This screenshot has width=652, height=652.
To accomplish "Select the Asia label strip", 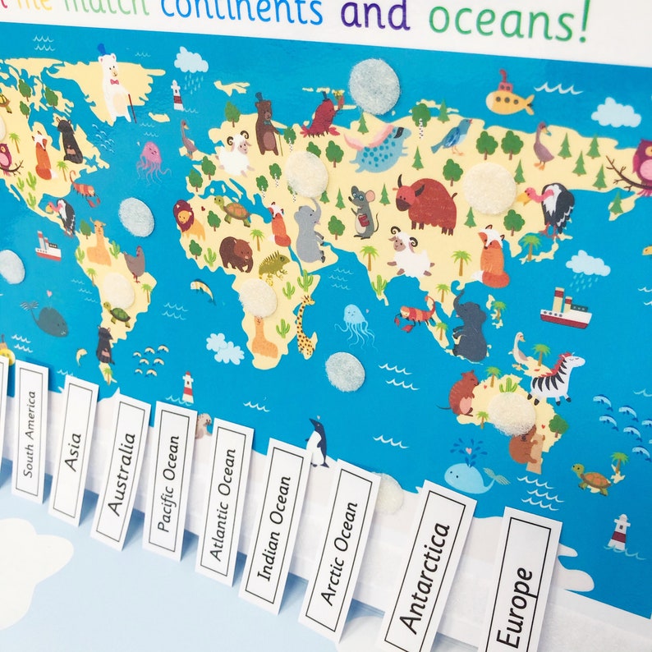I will coord(73,451).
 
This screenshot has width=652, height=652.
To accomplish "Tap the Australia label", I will coord(120,473).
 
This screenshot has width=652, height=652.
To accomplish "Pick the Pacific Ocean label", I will coord(169,492).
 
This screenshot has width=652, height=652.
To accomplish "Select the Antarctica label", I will coord(425,576).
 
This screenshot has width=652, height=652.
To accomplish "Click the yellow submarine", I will coord(509,99).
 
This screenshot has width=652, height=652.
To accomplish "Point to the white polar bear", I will coord(116,85).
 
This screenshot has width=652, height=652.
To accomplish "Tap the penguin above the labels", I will coord(317,443).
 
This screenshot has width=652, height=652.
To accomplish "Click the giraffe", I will coord(305,325).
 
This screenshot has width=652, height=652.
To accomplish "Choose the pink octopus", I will coord(151,160).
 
